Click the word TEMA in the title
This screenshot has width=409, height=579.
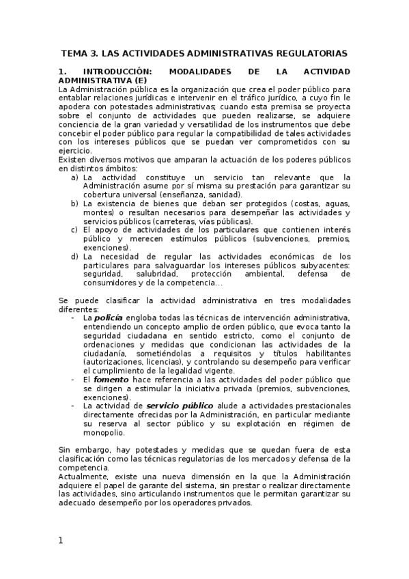(x=74, y=53)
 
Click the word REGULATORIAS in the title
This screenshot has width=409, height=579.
(x=313, y=53)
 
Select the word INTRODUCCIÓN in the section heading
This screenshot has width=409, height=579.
(x=116, y=71)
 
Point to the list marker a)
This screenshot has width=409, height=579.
(x=74, y=178)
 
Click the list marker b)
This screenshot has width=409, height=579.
(x=74, y=203)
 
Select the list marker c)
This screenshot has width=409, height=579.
(x=74, y=230)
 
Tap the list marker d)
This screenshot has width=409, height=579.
(x=74, y=257)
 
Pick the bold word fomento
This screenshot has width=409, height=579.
(x=109, y=380)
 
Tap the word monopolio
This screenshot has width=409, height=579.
(x=103, y=433)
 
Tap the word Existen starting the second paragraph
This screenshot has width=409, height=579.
(x=72, y=160)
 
